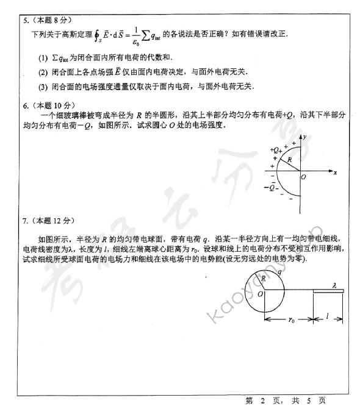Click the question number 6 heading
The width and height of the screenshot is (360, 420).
25,105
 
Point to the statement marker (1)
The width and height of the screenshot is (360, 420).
42,58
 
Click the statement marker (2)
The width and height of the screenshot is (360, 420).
42,72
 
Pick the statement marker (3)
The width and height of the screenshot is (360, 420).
42,86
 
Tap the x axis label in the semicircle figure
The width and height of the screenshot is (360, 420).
336,173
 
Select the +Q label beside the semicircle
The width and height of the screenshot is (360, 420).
275,149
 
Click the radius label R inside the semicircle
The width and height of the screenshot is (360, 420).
290,160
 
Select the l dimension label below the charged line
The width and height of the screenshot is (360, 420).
329,317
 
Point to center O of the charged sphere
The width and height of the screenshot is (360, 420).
260,294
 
